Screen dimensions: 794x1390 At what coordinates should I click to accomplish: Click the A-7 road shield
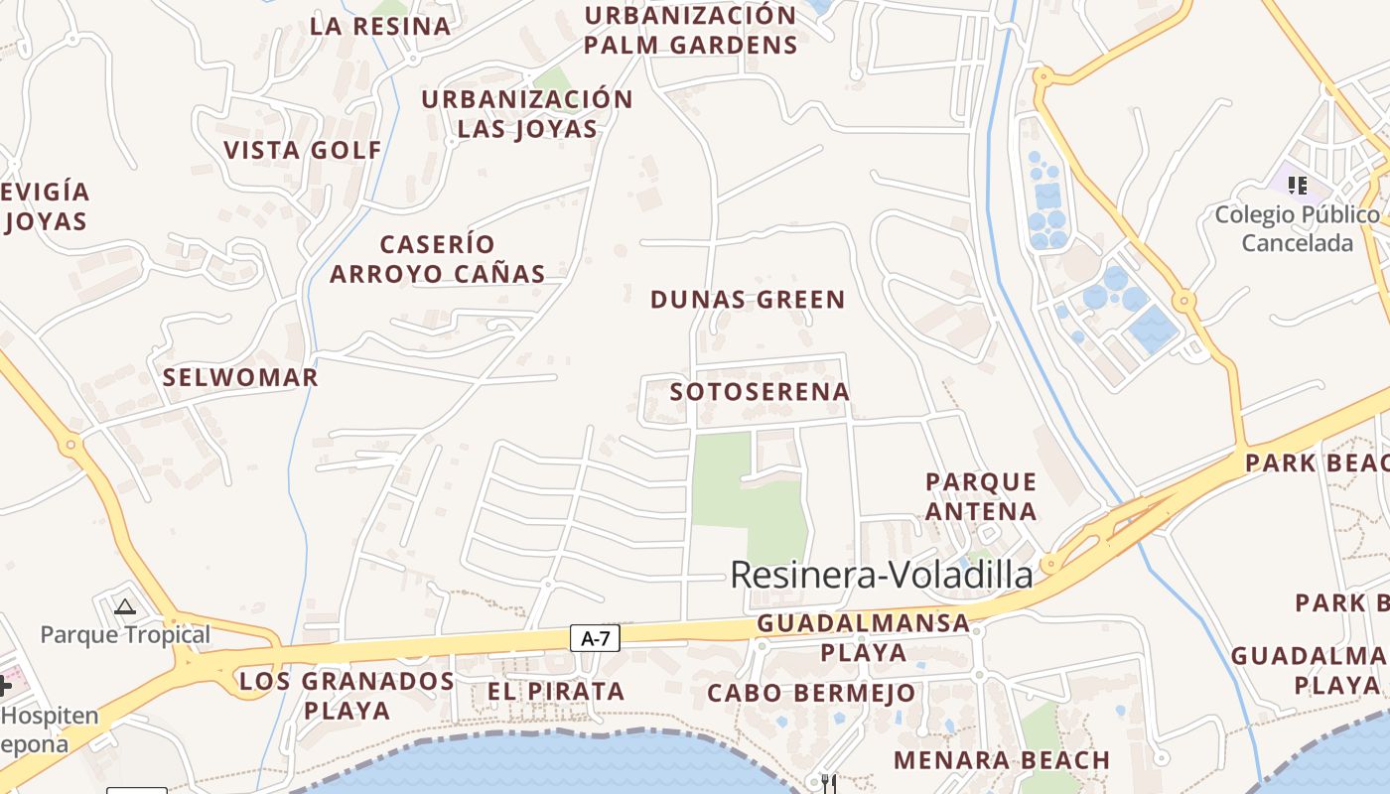(x=595, y=638)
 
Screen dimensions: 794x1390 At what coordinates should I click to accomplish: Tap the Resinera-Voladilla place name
(x=882, y=575)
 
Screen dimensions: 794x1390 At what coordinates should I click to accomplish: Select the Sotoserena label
(x=760, y=392)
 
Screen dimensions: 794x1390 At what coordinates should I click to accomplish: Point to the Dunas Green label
(x=748, y=300)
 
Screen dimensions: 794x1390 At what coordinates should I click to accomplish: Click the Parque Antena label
(x=981, y=496)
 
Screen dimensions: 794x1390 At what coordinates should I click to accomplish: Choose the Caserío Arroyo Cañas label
(x=437, y=259)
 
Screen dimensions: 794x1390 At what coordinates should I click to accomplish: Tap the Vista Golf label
(x=303, y=151)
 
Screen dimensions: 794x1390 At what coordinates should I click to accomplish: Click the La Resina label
(x=380, y=27)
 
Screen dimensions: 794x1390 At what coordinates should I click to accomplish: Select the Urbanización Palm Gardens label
(x=690, y=31)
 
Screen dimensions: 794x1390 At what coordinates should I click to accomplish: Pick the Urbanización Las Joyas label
(x=527, y=114)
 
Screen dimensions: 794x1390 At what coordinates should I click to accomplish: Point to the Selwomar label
(x=240, y=378)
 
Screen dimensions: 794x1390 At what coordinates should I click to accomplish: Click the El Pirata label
(x=556, y=692)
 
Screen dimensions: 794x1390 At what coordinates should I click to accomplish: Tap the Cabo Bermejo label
(x=811, y=693)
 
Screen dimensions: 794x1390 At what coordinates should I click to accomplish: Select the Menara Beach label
(x=1002, y=761)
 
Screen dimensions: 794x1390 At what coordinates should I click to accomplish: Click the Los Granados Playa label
(x=347, y=696)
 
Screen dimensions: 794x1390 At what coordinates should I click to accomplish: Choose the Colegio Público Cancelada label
(x=1297, y=229)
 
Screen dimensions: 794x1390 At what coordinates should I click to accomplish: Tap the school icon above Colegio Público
(x=1297, y=185)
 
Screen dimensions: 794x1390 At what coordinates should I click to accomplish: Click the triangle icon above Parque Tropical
(x=124, y=606)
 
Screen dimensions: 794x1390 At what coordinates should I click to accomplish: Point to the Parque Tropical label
(x=125, y=635)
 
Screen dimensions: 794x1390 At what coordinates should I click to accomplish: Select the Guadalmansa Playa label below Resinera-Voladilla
(x=863, y=637)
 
